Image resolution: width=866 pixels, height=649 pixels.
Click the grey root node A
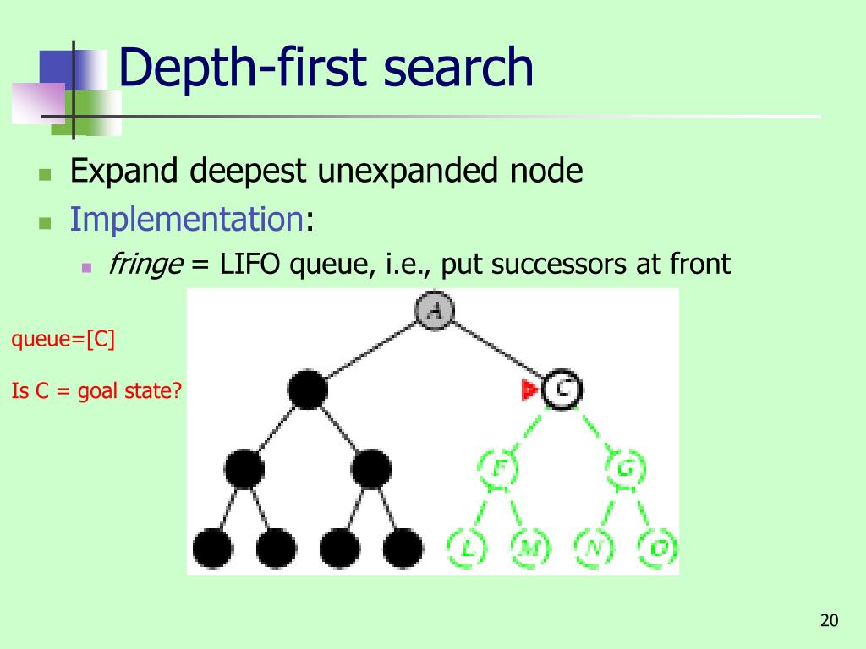click(x=435, y=310)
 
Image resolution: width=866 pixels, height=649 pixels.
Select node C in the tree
click(x=562, y=389)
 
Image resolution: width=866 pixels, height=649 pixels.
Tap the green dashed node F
click(x=499, y=467)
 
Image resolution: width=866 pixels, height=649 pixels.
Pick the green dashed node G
click(x=626, y=467)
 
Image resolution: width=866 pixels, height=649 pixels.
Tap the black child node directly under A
click(x=307, y=390)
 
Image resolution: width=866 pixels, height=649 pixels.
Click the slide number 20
click(x=829, y=622)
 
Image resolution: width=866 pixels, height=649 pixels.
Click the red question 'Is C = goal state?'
click(x=97, y=391)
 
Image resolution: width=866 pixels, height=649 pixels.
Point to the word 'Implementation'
click(x=187, y=219)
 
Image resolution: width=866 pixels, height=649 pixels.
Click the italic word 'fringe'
click(x=145, y=265)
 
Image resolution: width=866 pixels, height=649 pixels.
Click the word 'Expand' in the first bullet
click(x=124, y=172)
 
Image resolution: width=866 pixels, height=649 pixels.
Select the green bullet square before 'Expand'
click(x=46, y=176)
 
